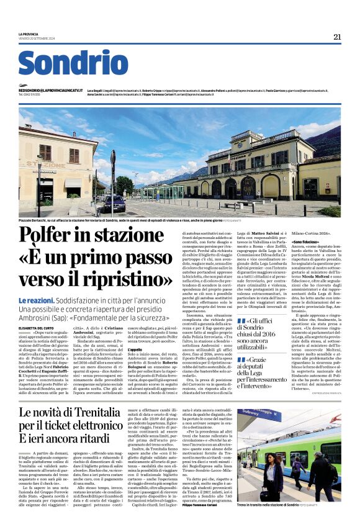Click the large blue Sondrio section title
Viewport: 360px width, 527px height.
point(73,64)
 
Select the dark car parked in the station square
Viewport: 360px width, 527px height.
point(114,204)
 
